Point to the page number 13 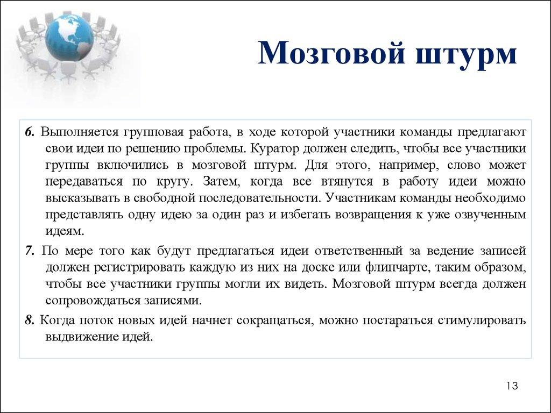pyautogui.click(x=512, y=386)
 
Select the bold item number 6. pyautogui.click(x=29, y=132)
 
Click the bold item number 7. pyautogui.click(x=30, y=251)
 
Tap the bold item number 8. pyautogui.click(x=30, y=321)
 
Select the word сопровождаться pyautogui.click(x=90, y=300)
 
